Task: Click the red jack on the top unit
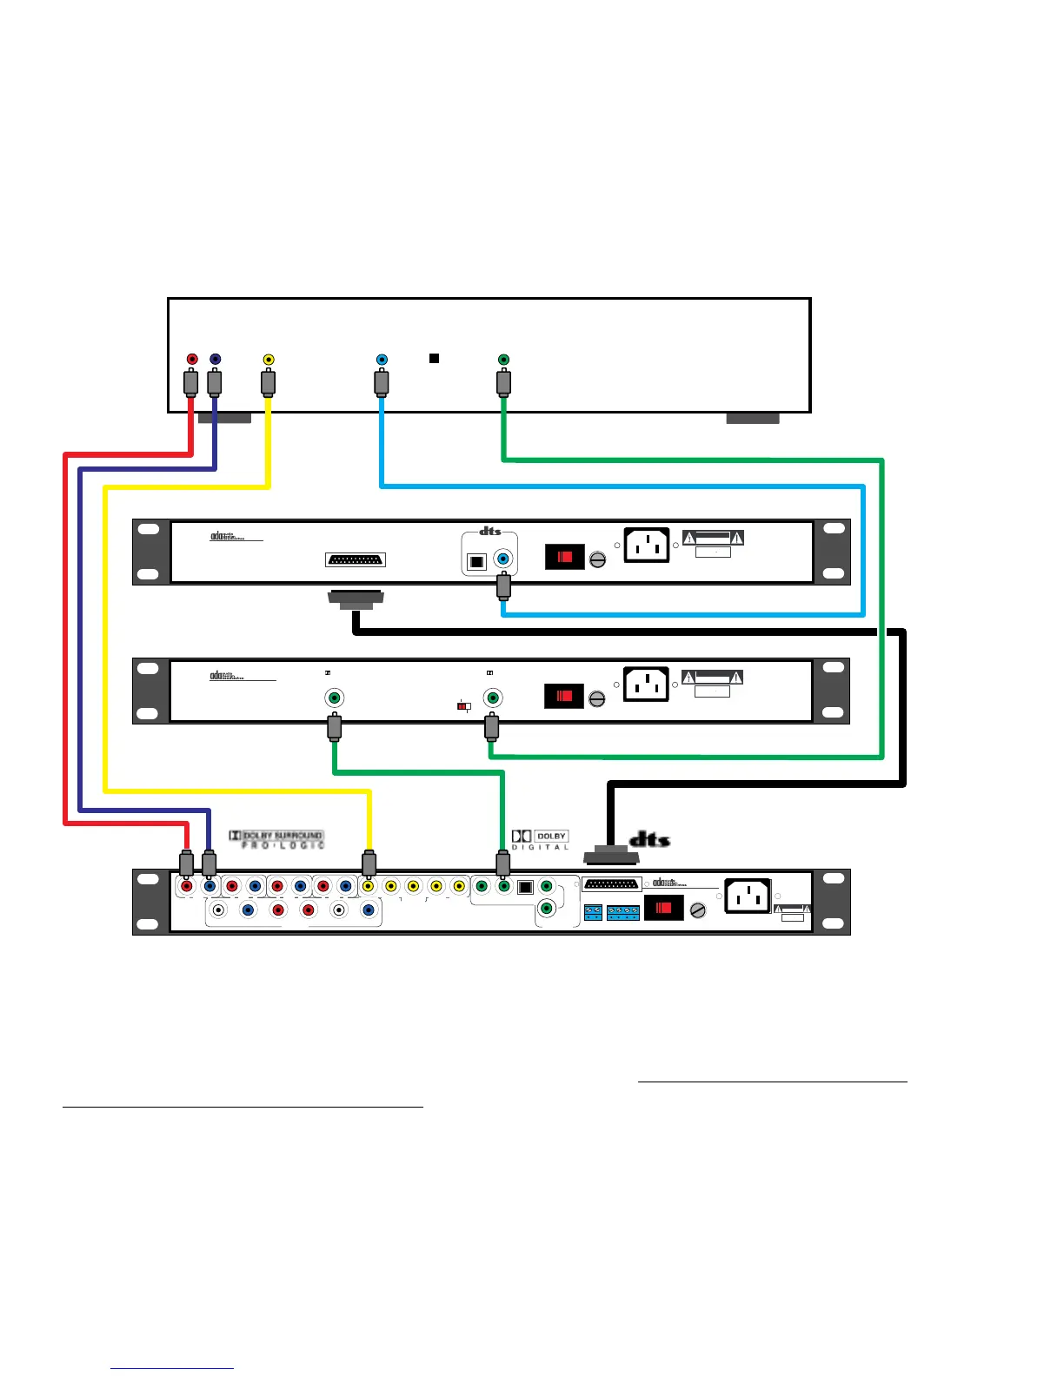click(192, 359)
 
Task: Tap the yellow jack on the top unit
click(269, 359)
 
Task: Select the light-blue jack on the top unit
click(382, 359)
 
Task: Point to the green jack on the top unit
click(503, 359)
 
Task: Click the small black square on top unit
click(435, 358)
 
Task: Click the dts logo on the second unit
click(490, 531)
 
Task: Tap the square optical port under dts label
click(476, 561)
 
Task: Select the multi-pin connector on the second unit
click(356, 560)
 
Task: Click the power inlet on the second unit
click(647, 546)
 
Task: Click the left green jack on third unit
click(334, 698)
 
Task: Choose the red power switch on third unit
click(564, 696)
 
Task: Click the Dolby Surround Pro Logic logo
click(276, 839)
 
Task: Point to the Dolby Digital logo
click(540, 839)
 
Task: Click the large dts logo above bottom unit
click(649, 839)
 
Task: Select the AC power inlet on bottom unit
click(748, 896)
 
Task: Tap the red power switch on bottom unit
click(663, 909)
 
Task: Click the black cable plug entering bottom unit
click(611, 857)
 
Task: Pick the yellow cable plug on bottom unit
click(369, 863)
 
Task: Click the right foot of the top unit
click(753, 419)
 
